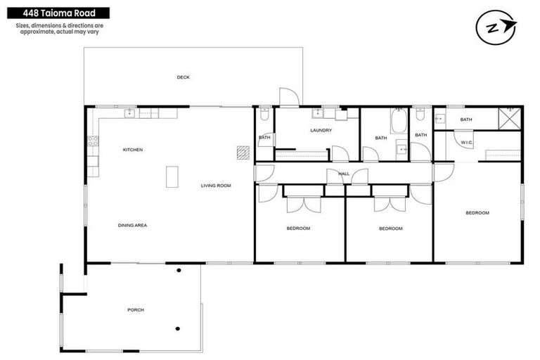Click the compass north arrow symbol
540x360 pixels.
pyautogui.click(x=496, y=27)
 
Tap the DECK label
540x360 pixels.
pyautogui.click(x=183, y=77)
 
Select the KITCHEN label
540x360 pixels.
pyautogui.click(x=133, y=150)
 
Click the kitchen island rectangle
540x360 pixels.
pyautogui.click(x=172, y=176)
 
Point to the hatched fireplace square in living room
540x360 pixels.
pyautogui.click(x=243, y=152)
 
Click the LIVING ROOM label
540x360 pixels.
pyautogui.click(x=216, y=186)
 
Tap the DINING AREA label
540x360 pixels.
pyautogui.click(x=131, y=225)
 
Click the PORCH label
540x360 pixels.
pyautogui.click(x=136, y=309)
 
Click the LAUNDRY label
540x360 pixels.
pyautogui.click(x=321, y=130)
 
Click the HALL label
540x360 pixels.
pyautogui.click(x=344, y=173)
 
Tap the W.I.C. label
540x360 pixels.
pyautogui.click(x=467, y=143)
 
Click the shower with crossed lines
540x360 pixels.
pyautogui.click(x=509, y=117)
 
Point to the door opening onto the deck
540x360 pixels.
pyautogui.click(x=288, y=97)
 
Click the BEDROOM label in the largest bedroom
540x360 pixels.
pyautogui.click(x=477, y=212)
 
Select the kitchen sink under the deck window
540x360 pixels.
pyautogui.click(x=130, y=112)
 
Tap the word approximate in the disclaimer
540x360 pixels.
pyautogui.click(x=40, y=32)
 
